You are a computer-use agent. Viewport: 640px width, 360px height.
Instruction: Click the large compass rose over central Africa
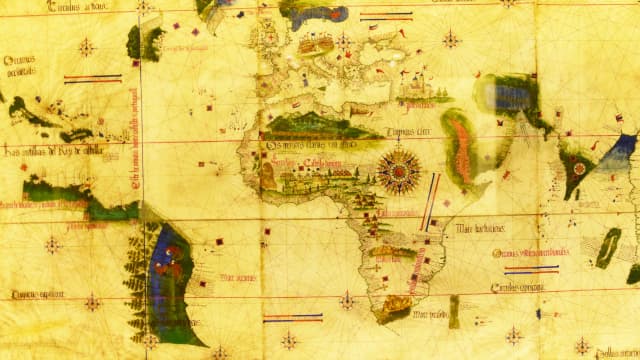point(399,169)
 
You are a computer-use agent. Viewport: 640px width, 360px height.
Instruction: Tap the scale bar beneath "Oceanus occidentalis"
point(93,78)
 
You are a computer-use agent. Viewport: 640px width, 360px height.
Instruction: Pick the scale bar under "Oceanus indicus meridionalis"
point(531,268)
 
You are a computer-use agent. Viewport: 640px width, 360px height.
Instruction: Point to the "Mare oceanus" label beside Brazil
point(239,277)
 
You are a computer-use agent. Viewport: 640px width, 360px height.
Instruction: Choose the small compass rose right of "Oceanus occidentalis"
point(87,46)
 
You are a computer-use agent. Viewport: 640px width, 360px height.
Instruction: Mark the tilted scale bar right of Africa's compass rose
point(431,201)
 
